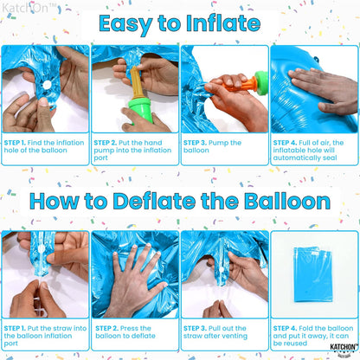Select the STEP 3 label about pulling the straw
[x=197, y=328]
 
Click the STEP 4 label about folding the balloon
[x=287, y=328]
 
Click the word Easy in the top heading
[x=130, y=24]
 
